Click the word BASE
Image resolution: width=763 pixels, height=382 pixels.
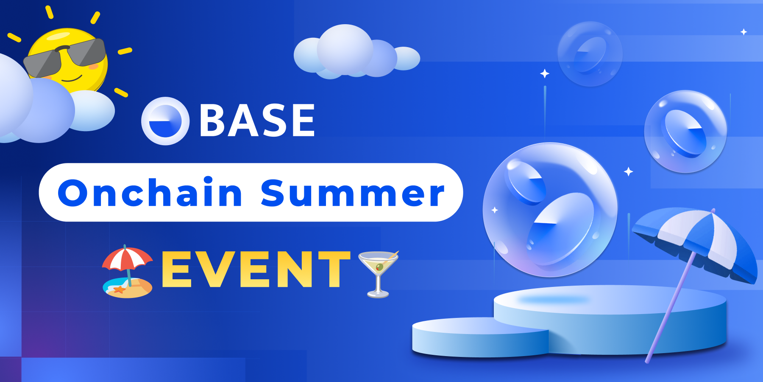257,121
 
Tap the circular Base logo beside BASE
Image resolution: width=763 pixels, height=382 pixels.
165,121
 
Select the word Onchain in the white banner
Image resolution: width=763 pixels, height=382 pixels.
150,193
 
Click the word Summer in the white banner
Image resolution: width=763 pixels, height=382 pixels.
352,193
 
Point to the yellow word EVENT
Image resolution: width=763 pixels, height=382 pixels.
256,269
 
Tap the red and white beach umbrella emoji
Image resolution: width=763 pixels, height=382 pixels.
127,259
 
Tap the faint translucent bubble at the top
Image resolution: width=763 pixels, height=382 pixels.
590,54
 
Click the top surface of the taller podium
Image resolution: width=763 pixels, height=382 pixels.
610,299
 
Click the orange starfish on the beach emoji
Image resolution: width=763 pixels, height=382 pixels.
119,289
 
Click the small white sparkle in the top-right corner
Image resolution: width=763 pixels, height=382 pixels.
744,32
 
